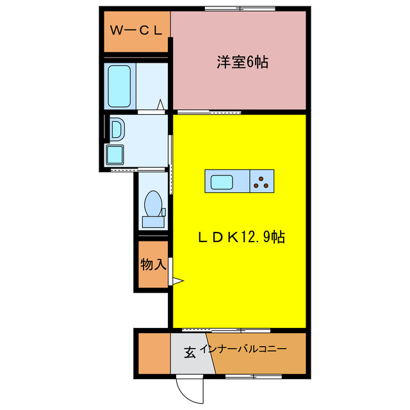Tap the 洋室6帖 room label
click(242, 62)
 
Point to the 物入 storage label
click(153, 263)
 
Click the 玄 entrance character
click(190, 352)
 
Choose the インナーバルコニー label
click(243, 350)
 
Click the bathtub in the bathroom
click(120, 86)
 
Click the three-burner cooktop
click(261, 182)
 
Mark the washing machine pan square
click(117, 155)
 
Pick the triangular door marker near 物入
click(177, 280)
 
